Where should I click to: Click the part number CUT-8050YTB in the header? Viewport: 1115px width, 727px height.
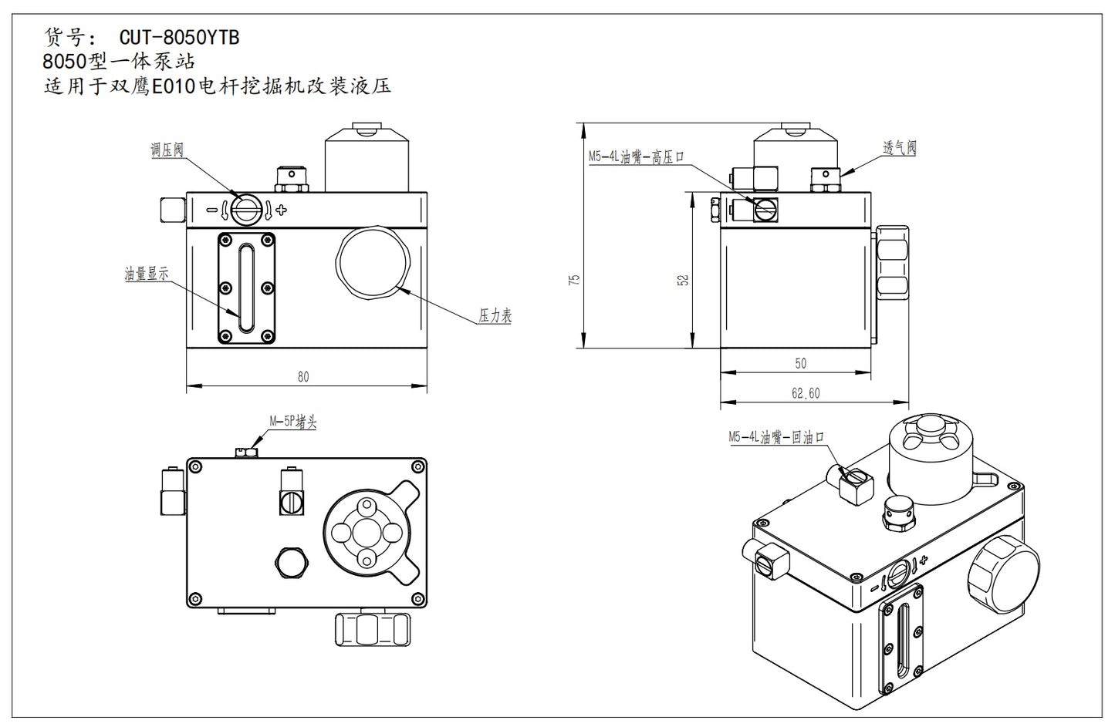[x=179, y=37]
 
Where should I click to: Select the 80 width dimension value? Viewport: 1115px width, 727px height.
[x=303, y=376]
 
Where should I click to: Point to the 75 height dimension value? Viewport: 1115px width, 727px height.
[x=573, y=280]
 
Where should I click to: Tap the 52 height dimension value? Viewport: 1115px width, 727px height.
[x=682, y=280]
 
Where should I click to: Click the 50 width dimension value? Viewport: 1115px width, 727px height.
[x=800, y=363]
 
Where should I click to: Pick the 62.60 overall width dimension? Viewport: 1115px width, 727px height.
[x=805, y=393]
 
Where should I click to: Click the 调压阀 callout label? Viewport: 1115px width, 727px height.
[x=167, y=150]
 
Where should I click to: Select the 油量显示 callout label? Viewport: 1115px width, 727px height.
[x=147, y=273]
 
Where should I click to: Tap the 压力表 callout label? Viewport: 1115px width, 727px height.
[x=495, y=315]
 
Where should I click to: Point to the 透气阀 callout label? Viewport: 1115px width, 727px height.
[x=899, y=147]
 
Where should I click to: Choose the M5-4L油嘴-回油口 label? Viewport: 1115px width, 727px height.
[x=776, y=437]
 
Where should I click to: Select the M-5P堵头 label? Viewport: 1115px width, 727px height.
[x=292, y=422]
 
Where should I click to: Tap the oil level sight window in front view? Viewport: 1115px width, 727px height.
[x=246, y=288]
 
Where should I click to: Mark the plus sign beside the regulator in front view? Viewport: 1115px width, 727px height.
[x=282, y=210]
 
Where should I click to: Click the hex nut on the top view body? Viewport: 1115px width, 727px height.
[x=291, y=564]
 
